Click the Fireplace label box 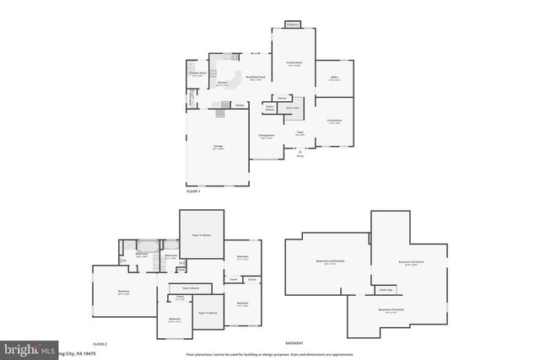pos(293,24)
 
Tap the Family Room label pos(294,63)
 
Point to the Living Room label pos(334,121)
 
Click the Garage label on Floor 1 pos(218,148)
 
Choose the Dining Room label pos(267,136)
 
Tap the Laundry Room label pos(197,73)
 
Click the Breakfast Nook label pos(256,78)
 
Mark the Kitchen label pos(222,83)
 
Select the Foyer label pos(300,132)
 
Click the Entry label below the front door pos(300,156)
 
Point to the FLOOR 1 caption pos(194,192)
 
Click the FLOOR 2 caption pos(100,344)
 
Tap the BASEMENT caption pos(294,344)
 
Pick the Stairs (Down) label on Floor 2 pos(191,288)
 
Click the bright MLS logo pos(28,348)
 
